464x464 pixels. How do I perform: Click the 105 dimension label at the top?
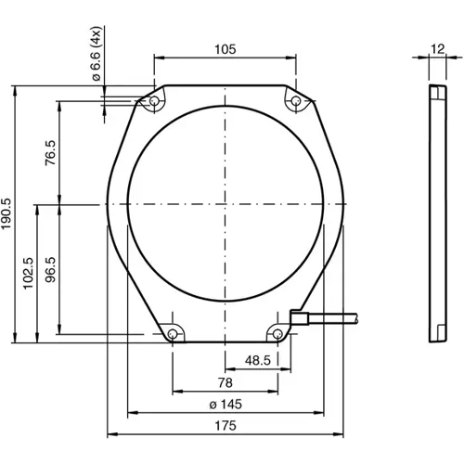coord(224,49)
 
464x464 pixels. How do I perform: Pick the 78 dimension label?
coord(224,381)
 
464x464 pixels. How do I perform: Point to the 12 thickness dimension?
coord(436,50)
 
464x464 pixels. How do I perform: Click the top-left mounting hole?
coord(154,99)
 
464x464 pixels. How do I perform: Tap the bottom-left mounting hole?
coord(173,332)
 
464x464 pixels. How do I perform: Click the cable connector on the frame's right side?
coord(300,318)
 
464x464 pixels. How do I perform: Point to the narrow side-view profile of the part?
coord(436,213)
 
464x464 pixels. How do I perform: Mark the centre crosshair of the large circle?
coord(225,203)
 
